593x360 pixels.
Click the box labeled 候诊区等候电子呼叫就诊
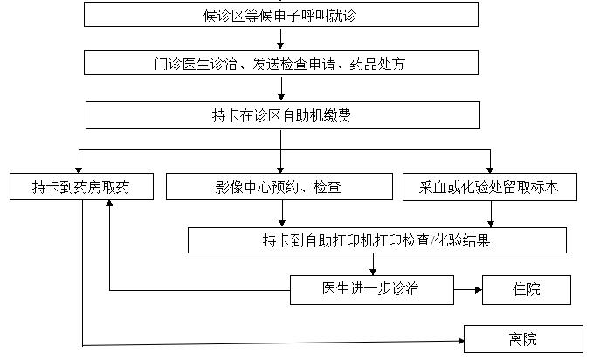(281, 14)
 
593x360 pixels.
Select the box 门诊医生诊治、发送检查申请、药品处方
(281, 62)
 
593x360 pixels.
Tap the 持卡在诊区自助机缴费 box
(283, 115)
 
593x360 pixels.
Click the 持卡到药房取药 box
(82, 187)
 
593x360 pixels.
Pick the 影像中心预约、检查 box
(279, 187)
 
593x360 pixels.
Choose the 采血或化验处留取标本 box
(490, 187)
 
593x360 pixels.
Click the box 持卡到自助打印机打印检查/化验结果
(377, 240)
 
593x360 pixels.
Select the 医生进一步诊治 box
(372, 290)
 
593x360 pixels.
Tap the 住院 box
(527, 290)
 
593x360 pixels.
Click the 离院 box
(523, 339)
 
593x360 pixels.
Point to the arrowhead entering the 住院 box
(479, 290)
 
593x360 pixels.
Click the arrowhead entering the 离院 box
(461, 341)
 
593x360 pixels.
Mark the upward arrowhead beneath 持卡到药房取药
(109, 204)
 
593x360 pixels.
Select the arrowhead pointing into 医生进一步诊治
(373, 272)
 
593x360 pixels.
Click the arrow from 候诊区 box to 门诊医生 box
(280, 38)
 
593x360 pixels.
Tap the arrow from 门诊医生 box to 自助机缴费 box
(281, 88)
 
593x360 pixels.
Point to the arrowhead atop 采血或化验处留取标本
(490, 170)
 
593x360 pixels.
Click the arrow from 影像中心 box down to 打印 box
(282, 213)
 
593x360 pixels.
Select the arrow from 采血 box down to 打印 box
(491, 214)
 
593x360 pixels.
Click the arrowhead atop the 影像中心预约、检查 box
(280, 170)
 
